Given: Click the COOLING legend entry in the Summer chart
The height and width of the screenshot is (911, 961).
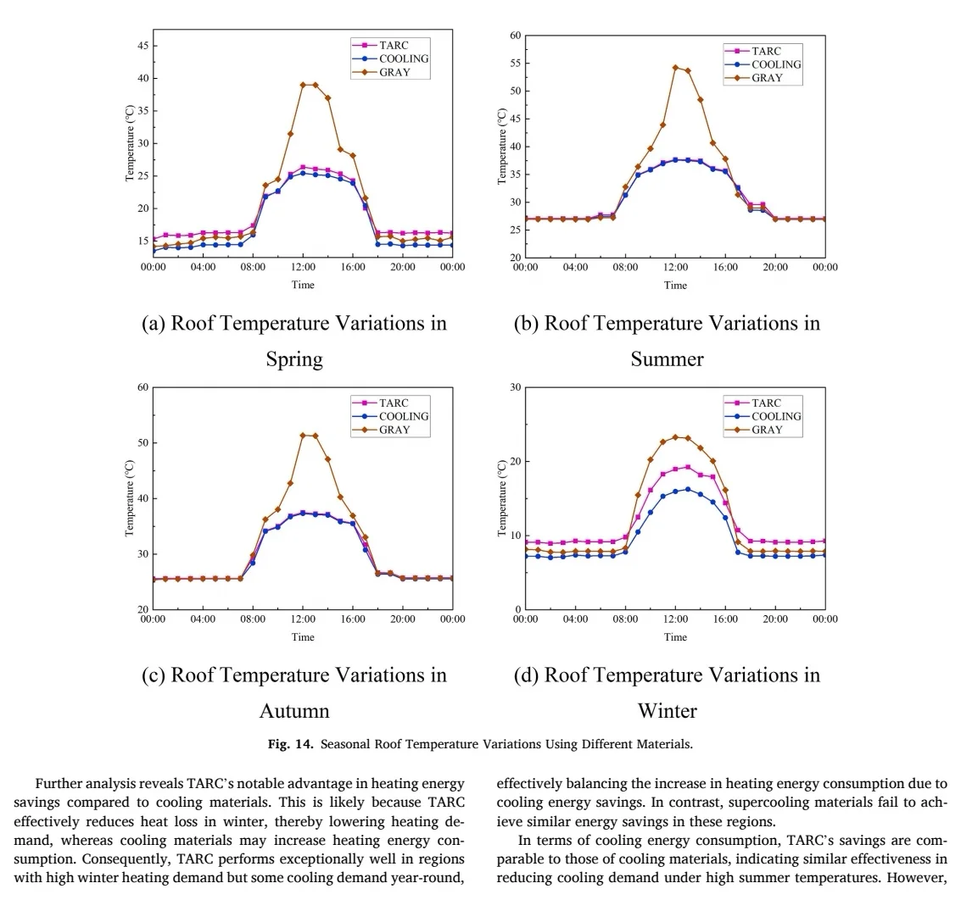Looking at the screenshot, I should (x=775, y=64).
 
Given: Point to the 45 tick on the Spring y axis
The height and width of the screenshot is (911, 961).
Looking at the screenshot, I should (x=142, y=46).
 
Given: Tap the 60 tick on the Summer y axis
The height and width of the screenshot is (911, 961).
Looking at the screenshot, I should (x=515, y=36).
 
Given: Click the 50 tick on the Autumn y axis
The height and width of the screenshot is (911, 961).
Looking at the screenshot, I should (x=142, y=443).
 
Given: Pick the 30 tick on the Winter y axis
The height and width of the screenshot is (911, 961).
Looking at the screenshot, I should (x=515, y=388).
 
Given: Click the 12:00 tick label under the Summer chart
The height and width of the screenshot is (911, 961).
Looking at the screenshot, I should (x=675, y=267).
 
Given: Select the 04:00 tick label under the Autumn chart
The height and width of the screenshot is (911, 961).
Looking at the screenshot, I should (x=203, y=619).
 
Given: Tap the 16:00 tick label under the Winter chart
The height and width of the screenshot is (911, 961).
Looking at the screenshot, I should (x=725, y=619).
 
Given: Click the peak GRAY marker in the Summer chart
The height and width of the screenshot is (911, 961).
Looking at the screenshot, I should (x=675, y=68).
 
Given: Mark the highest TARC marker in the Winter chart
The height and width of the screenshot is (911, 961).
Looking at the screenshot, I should (x=688, y=467).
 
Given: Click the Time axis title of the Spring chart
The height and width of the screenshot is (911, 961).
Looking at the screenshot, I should (x=303, y=285).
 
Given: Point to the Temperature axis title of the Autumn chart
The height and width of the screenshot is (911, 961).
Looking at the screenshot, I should (x=130, y=498).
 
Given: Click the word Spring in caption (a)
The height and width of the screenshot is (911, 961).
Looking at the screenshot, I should (x=294, y=358).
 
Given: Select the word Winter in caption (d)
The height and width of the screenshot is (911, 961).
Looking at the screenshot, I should (x=667, y=710).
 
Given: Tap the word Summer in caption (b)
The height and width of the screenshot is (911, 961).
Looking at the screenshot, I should (x=667, y=358).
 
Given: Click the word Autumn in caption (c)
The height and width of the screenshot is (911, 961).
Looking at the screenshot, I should (x=294, y=710).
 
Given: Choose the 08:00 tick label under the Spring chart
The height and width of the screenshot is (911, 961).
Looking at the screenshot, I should (x=253, y=267).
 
